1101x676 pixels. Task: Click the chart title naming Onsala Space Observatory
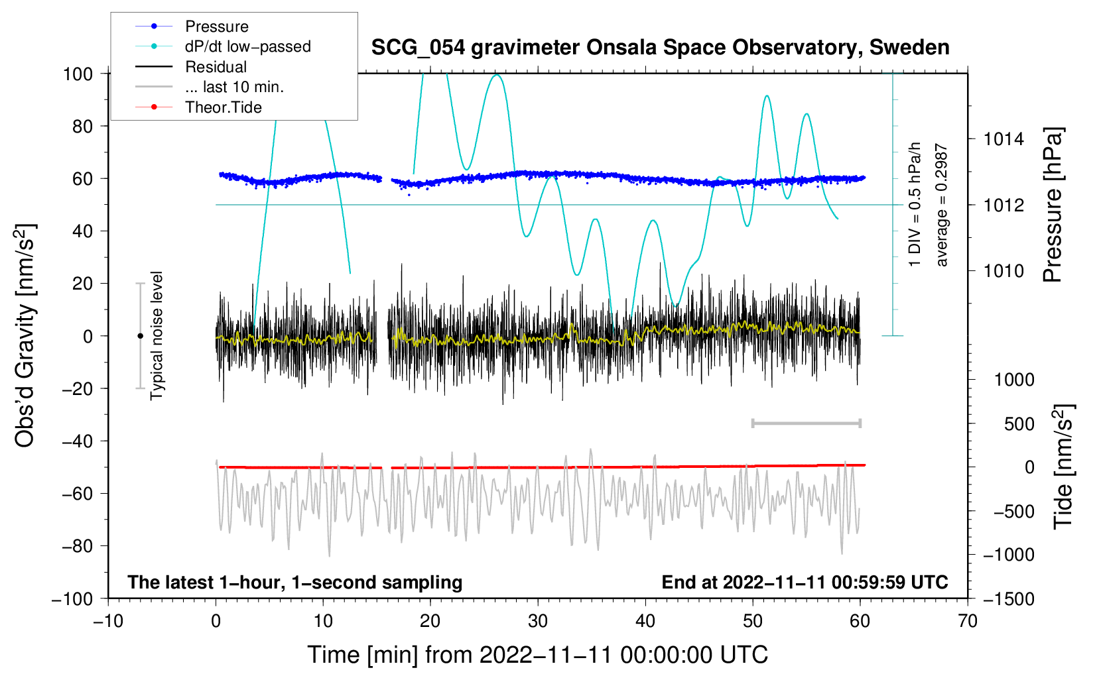click(660, 48)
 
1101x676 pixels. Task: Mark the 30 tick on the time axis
click(538, 621)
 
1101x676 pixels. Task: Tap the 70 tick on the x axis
click(967, 621)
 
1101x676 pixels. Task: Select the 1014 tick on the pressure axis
click(1004, 139)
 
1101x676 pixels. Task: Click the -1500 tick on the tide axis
click(1009, 599)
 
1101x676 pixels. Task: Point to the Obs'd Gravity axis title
click(25, 335)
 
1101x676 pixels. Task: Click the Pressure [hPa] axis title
click(1053, 205)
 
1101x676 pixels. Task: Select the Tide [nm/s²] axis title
click(1063, 467)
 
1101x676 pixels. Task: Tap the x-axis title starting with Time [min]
click(537, 655)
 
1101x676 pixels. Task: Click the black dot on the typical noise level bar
click(140, 336)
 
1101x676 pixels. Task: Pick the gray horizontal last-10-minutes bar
click(806, 423)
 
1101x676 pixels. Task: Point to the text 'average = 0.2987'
click(940, 205)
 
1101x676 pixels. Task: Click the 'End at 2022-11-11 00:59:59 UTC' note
click(805, 582)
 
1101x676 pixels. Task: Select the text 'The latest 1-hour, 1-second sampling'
click(295, 582)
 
